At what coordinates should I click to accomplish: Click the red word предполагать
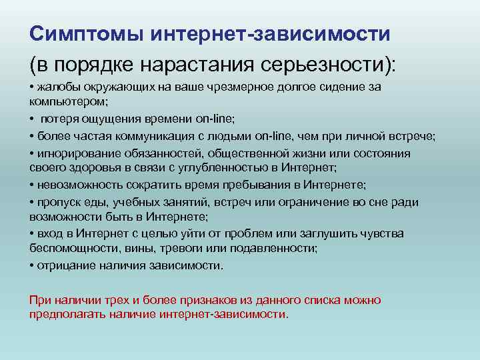[x=64, y=313]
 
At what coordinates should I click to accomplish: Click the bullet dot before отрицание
[x=31, y=265]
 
